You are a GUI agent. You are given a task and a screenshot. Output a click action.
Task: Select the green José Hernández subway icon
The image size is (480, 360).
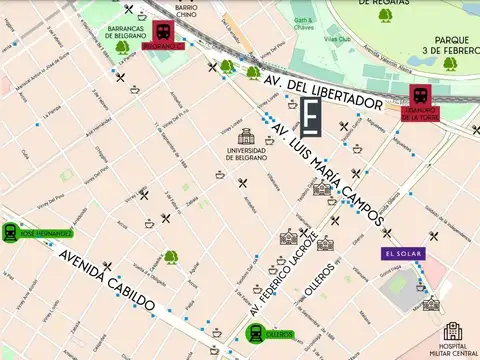pos(11,232)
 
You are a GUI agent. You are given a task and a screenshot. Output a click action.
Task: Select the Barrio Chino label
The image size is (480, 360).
pos(185,11)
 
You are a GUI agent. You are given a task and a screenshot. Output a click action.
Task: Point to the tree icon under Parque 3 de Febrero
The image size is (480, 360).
pos(450,64)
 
